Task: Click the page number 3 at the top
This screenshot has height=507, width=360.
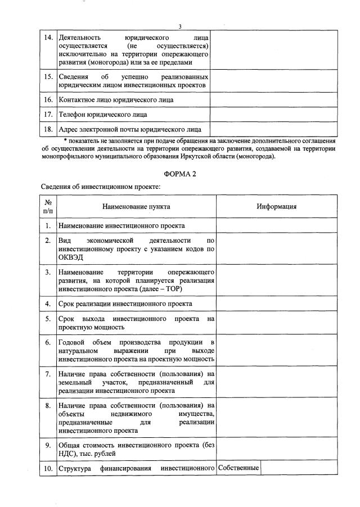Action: [x=180, y=26]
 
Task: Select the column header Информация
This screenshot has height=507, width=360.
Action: [x=277, y=206]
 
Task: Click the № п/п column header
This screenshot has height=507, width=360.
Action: [x=48, y=206]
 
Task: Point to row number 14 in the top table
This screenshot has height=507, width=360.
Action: [x=48, y=37]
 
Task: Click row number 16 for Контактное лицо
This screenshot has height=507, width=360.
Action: [x=48, y=99]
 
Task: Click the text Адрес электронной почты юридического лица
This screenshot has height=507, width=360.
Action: [x=130, y=129]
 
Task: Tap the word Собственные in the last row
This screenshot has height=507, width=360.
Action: [x=238, y=468]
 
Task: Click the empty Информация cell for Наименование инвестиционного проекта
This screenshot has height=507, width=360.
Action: [x=277, y=225]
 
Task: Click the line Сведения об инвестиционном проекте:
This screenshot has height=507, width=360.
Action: [x=101, y=187]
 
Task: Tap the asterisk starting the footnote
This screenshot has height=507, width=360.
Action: [x=65, y=141]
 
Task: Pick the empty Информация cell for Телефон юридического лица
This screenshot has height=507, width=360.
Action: [x=273, y=114]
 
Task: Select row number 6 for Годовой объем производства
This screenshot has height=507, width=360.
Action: [x=48, y=342]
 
